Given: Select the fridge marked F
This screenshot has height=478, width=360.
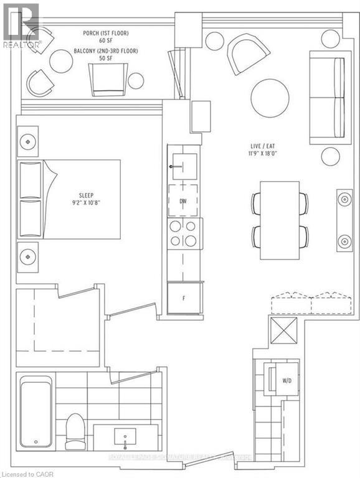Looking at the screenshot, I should click(x=184, y=298).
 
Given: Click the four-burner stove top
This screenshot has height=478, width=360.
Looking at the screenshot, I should click(x=184, y=233).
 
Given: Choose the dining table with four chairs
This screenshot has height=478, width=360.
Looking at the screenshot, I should click(x=280, y=220).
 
